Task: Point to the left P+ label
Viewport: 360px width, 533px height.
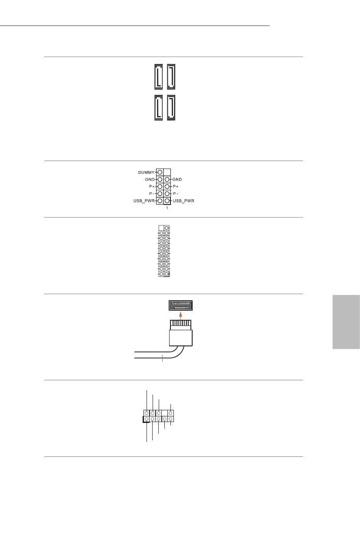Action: (x=150, y=186)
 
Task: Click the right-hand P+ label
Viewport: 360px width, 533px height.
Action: (x=176, y=186)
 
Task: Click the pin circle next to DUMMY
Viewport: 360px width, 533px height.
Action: (x=160, y=172)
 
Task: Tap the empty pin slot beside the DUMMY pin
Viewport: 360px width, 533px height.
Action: (x=167, y=172)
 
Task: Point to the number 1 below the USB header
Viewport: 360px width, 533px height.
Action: (x=167, y=209)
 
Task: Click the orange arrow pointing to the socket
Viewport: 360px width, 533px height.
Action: (x=180, y=314)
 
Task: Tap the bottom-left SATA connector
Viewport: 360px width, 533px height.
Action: (x=158, y=107)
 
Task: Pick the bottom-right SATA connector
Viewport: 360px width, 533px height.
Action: (x=171, y=107)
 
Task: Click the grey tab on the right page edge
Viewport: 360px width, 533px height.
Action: (x=346, y=322)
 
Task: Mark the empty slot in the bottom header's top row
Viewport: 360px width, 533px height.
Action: (x=165, y=412)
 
